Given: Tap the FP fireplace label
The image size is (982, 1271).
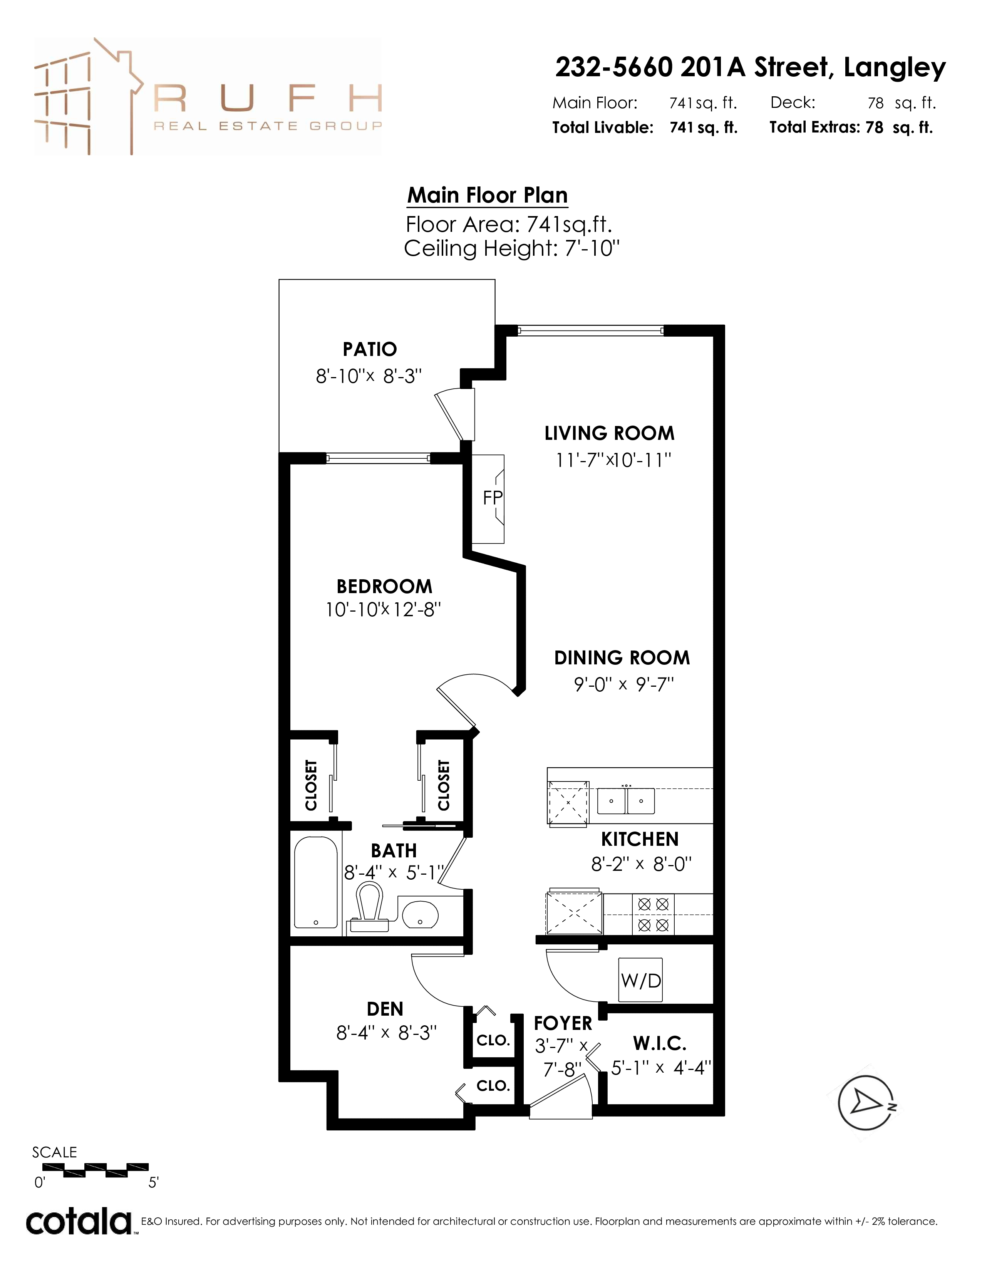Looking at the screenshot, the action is coord(492,498).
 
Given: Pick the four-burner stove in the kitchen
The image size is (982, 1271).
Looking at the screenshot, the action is coord(653,914).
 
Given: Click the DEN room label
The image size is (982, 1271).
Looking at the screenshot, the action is coord(385,1009).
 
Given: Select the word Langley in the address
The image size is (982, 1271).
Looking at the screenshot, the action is coord(895,69).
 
